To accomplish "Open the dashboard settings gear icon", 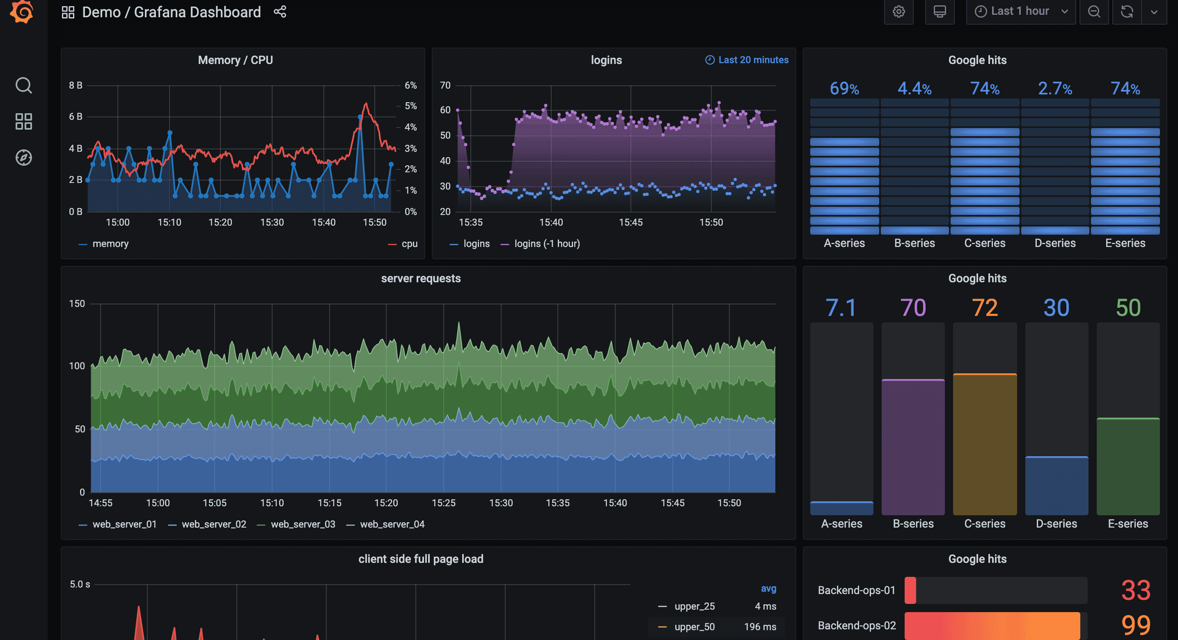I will click(898, 11).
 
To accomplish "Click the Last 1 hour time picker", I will click(1020, 11).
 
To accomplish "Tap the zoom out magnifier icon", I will click(1094, 11).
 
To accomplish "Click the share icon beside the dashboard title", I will click(280, 11).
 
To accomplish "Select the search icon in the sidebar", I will click(23, 85).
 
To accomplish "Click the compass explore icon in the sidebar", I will click(23, 158).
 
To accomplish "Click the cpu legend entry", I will click(409, 244).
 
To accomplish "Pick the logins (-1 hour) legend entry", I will click(546, 244).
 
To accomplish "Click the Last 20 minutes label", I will click(753, 60).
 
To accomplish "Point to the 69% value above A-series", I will click(844, 88).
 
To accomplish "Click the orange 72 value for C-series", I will click(985, 308).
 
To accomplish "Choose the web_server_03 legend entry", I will click(302, 524).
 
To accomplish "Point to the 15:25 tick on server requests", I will click(443, 503).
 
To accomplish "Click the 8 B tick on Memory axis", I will click(76, 85).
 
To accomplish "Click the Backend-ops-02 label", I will click(857, 625).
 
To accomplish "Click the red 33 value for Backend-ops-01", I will click(1135, 590).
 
